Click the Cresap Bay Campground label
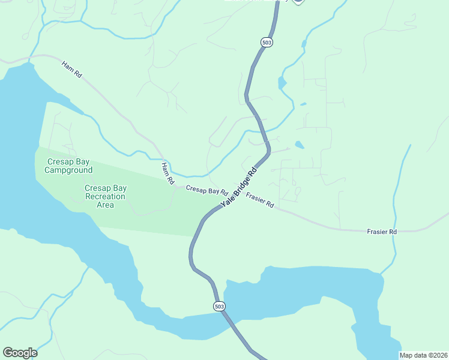coord(68,166)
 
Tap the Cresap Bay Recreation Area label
coord(105,196)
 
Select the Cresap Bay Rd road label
coord(206,190)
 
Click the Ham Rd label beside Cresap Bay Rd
coord(167,173)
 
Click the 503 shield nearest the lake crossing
coord(219,306)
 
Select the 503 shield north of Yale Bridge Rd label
coord(267,42)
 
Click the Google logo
coord(20,353)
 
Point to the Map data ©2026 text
coord(423,355)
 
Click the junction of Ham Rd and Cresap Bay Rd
coord(175,187)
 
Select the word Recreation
coord(105,196)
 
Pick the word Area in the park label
coord(105,205)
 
